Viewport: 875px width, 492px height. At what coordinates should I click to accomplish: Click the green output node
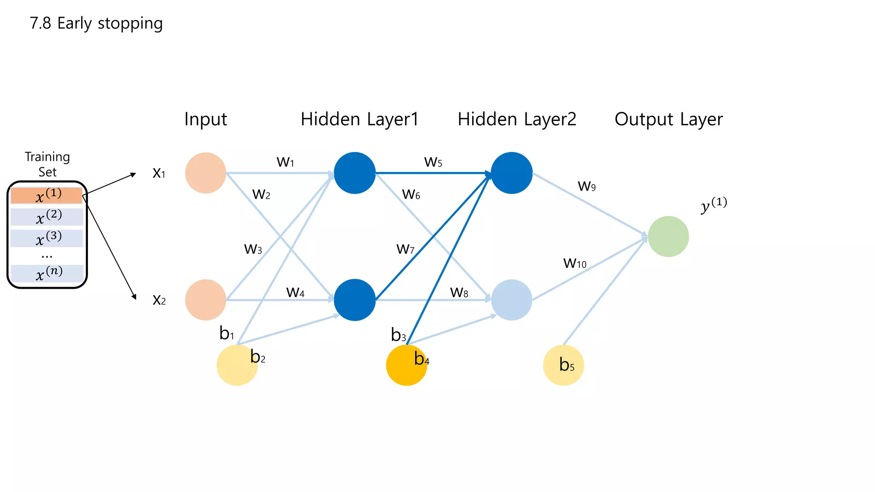click(668, 237)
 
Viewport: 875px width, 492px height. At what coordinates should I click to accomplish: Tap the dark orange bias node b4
click(406, 366)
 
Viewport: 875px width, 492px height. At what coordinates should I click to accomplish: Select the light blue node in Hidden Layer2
click(511, 300)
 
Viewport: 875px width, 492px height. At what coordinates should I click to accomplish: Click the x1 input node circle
click(206, 173)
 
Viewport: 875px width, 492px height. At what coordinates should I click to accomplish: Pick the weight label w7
click(405, 249)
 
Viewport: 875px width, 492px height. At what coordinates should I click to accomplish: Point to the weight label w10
click(575, 263)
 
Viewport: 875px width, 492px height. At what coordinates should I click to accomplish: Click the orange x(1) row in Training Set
click(47, 196)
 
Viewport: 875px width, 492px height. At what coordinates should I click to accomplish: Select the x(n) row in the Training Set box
click(47, 273)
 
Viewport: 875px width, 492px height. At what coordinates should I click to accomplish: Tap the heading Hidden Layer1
click(359, 119)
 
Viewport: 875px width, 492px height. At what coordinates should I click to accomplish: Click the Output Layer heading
click(668, 119)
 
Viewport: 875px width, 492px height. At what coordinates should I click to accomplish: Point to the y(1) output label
click(714, 205)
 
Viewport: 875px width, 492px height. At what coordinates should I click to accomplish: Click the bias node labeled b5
click(563, 365)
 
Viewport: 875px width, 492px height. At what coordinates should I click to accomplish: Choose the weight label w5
click(433, 162)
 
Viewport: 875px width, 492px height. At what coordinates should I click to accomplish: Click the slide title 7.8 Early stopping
click(96, 23)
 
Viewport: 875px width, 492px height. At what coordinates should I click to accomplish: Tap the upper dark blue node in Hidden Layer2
click(511, 173)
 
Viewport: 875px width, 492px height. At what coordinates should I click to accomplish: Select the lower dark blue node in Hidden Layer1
click(354, 300)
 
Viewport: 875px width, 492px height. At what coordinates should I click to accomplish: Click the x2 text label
click(159, 300)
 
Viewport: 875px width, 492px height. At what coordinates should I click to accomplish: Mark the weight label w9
click(586, 186)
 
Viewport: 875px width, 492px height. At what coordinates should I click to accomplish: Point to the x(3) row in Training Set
click(47, 238)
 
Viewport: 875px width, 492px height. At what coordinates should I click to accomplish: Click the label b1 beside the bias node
click(226, 333)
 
